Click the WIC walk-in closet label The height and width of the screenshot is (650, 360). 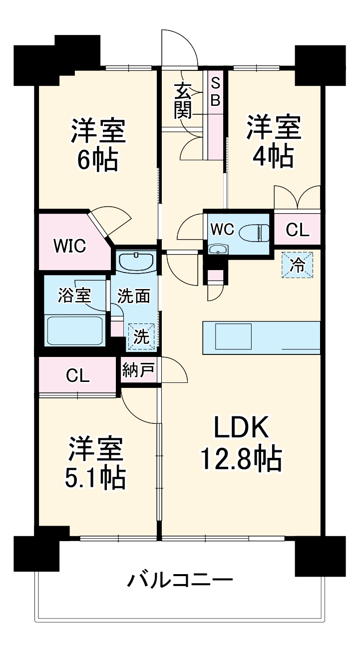(x=70, y=245)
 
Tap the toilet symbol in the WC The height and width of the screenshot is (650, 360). (x=254, y=232)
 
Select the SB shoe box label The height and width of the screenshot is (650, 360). (x=215, y=91)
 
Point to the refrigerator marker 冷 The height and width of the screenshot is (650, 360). (x=298, y=265)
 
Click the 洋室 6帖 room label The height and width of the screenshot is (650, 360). (x=97, y=145)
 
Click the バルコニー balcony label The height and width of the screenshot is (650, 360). (x=180, y=581)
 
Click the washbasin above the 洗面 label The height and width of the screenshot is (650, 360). (x=136, y=261)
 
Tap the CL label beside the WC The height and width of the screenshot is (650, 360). (x=298, y=231)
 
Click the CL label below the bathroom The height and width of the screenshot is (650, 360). (x=78, y=375)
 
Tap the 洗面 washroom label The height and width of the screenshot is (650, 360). (x=133, y=296)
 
